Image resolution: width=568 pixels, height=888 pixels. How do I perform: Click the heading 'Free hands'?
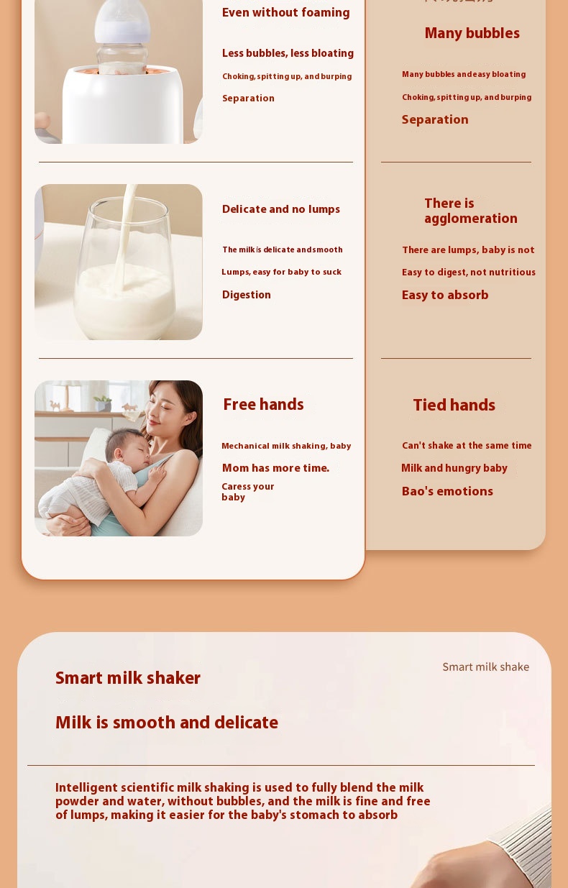[x=263, y=404]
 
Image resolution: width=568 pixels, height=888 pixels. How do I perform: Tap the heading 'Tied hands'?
[x=454, y=405]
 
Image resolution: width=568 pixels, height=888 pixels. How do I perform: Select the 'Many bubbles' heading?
[x=472, y=33]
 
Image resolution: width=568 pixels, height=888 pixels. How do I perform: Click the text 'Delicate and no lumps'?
[x=280, y=209]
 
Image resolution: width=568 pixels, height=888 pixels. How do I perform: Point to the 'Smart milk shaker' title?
[x=128, y=678]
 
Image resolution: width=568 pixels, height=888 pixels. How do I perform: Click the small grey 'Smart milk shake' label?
[x=485, y=667]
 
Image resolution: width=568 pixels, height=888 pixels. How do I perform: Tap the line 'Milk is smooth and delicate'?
[x=167, y=723]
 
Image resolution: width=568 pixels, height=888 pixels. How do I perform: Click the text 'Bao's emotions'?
[x=447, y=491]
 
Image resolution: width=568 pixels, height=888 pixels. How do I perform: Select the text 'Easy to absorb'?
[x=445, y=295]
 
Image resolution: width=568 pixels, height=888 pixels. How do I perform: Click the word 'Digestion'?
[x=246, y=295]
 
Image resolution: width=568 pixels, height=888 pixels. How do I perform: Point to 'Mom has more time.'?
[x=275, y=468]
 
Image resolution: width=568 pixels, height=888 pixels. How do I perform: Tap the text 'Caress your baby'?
[x=248, y=492]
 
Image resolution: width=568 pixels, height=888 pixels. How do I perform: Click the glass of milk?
[x=125, y=268]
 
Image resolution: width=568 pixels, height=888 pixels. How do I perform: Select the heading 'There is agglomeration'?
[x=471, y=211]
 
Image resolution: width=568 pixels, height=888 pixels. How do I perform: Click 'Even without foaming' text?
[x=285, y=12]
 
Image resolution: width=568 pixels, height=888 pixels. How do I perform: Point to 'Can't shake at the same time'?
[x=467, y=445]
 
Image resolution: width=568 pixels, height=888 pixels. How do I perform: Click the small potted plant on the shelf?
[x=103, y=403]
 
